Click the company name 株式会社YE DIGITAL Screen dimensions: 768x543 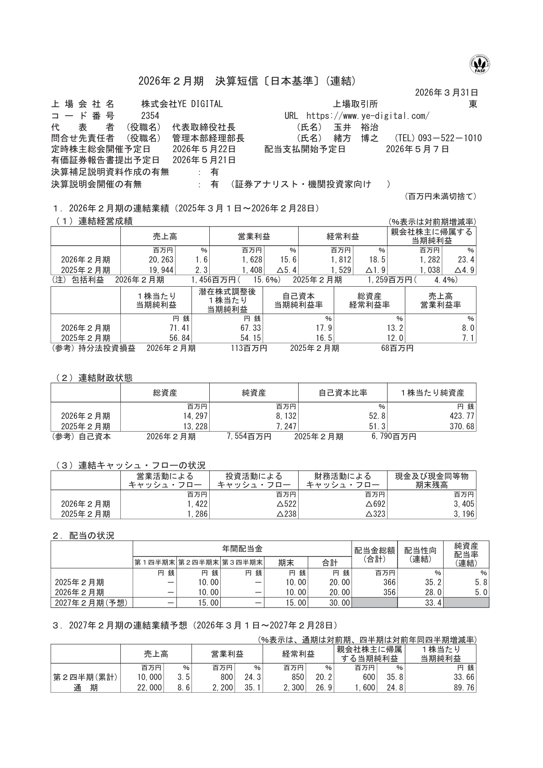[182, 104]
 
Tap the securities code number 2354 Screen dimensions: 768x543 [150, 116]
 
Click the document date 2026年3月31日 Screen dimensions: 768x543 [446, 93]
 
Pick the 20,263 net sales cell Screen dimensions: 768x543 [160, 260]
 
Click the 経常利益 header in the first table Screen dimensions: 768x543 [342, 237]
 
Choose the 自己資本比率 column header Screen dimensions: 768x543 [342, 393]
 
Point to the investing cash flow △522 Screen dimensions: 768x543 [286, 504]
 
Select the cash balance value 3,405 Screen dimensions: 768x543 [465, 504]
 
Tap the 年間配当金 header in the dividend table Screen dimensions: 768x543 [242, 549]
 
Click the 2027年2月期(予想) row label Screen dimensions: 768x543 [91, 603]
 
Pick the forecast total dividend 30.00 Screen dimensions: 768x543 [339, 603]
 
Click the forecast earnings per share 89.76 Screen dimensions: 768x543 [464, 688]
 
